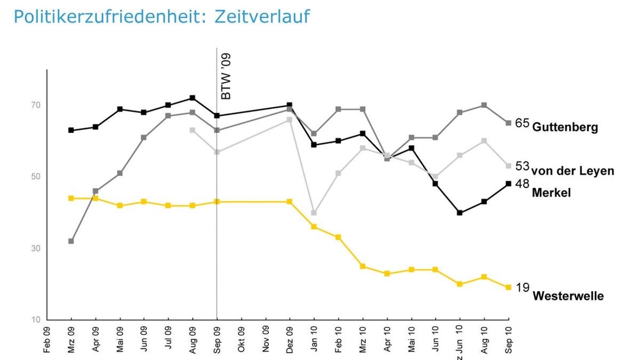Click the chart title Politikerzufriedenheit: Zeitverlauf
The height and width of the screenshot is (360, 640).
[x=162, y=17]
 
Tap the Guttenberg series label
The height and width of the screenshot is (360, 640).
[x=565, y=127]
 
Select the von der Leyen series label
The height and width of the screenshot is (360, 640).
[x=573, y=171]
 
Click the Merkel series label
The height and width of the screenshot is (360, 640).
[x=551, y=193]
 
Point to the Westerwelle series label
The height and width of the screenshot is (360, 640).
[x=568, y=296]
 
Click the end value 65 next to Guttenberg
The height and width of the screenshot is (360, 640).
[x=522, y=123]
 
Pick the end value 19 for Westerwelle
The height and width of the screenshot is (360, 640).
[x=522, y=287]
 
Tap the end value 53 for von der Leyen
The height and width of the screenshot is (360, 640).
[x=522, y=166]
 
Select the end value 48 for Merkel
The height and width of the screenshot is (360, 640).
[x=522, y=183]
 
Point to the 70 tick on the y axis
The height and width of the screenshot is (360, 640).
[x=35, y=105]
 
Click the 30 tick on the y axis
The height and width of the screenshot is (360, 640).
[x=35, y=249]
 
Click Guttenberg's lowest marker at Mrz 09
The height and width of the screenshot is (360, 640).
[x=71, y=241]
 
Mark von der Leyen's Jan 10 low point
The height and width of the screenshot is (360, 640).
[x=314, y=213]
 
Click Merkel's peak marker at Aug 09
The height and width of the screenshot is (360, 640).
[x=193, y=98]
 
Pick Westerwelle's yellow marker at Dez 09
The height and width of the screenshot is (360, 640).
[x=290, y=202]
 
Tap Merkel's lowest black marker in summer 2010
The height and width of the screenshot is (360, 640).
[x=460, y=213]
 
